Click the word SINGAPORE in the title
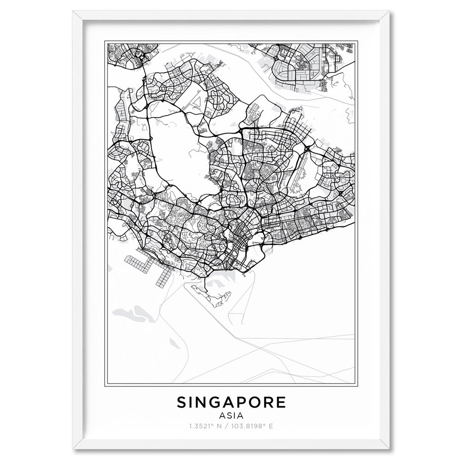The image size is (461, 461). click(231, 402)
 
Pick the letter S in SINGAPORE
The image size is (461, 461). click(182, 402)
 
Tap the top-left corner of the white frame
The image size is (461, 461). click(70, 12)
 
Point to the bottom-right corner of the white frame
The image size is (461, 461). click(391, 449)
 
